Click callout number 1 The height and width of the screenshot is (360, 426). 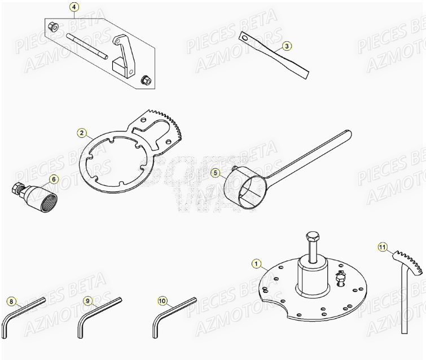pos(257,263)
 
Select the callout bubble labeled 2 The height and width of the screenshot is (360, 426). pos(82,133)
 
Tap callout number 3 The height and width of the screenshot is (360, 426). pos(286,46)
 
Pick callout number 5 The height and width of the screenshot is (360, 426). pos(215,172)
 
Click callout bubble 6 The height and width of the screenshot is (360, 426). pos(54,179)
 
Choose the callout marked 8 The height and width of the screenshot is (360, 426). pos(11,301)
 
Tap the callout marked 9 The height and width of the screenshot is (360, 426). pos(87,301)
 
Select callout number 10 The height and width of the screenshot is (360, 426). pos(163,301)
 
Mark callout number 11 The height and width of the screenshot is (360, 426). pos(383,247)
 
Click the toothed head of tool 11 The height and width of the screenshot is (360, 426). pos(409,260)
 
